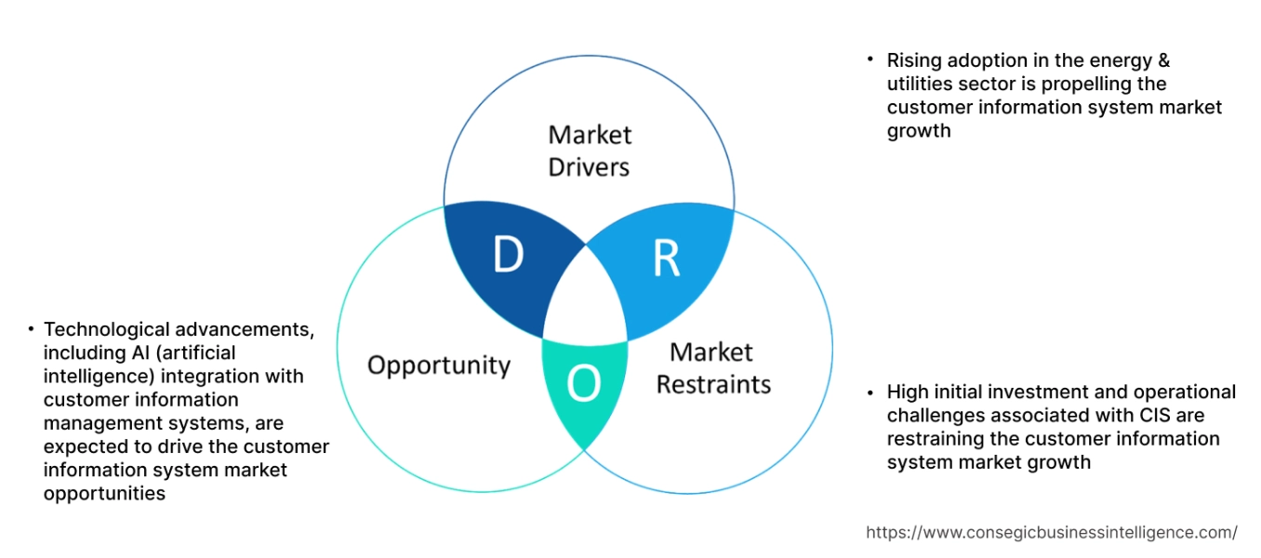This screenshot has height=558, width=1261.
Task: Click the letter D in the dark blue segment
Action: coord(508,256)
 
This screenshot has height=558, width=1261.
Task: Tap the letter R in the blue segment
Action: coord(666,259)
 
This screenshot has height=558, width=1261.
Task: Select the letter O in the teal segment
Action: coord(583,383)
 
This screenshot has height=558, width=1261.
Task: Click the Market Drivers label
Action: coord(589,151)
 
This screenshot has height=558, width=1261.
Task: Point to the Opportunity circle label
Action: coord(439,365)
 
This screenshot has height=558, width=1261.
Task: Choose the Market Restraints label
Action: coord(713,368)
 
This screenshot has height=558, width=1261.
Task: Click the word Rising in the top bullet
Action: coord(914,60)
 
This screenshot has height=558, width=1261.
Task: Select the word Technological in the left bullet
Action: coord(107,329)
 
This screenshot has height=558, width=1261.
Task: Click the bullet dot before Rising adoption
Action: coord(870,59)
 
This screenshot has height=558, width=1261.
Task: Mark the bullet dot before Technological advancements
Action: coord(31,328)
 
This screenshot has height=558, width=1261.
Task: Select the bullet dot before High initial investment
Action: coord(870,391)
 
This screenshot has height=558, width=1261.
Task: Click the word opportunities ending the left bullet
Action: coord(104,494)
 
